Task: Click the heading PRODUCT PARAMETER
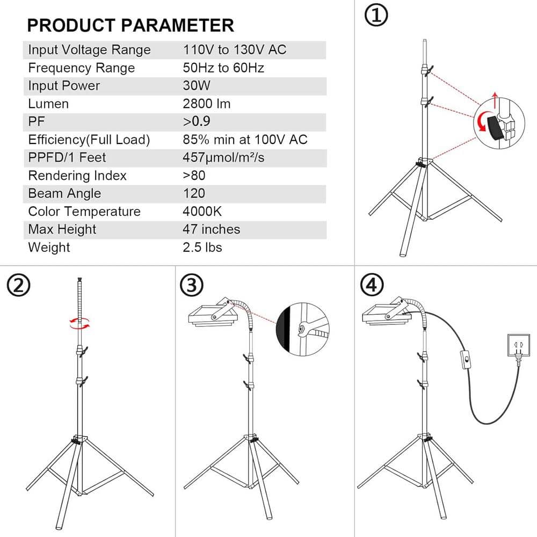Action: coord(130,25)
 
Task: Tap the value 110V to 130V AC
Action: coord(235,50)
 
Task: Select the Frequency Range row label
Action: coord(81,68)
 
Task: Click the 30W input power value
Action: coord(197,86)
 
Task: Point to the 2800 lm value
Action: coord(207,104)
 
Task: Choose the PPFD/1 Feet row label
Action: coord(67,157)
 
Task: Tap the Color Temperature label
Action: coord(84,212)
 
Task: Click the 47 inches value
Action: coord(211,229)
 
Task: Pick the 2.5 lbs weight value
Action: coord(202,247)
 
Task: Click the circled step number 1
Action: coord(376,16)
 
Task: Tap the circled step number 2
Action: coord(18,285)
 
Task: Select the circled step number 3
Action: coord(192,285)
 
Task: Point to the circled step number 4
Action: coord(372,285)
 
